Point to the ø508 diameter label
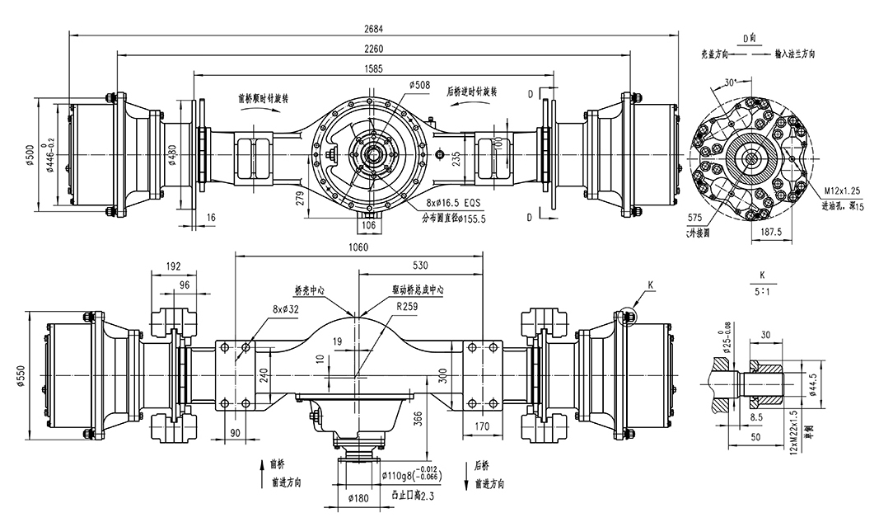point(420,85)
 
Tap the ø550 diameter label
point(29,374)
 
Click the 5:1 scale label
point(762,290)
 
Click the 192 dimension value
point(173,266)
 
